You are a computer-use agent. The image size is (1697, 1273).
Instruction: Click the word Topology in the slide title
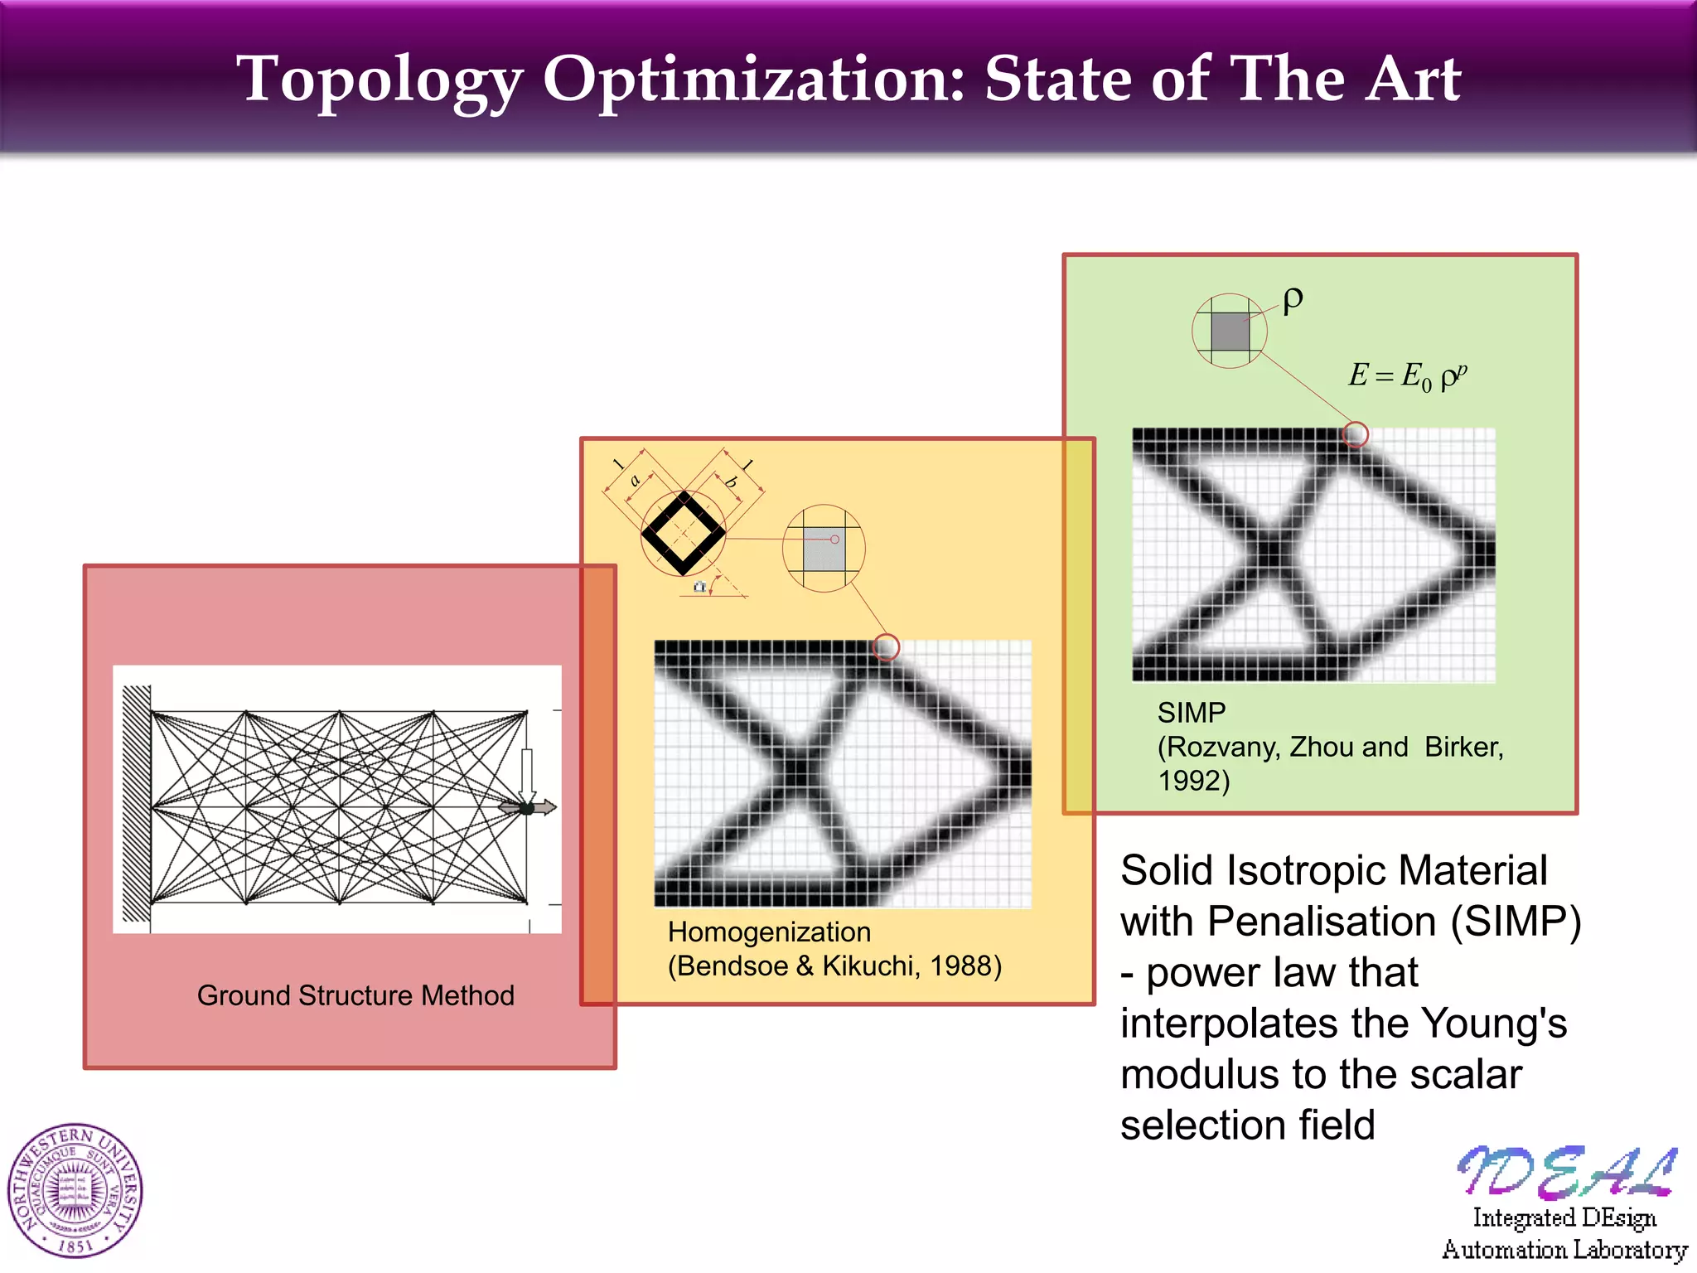pos(380,81)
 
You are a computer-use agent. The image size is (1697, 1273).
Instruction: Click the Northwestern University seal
pos(75,1191)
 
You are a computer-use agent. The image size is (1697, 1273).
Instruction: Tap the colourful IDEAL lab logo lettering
pos(1566,1172)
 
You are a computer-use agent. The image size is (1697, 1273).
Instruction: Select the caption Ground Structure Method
pos(355,995)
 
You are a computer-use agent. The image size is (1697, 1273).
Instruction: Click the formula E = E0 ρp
pos(1407,377)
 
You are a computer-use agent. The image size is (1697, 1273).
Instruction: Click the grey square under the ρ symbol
pos(1230,332)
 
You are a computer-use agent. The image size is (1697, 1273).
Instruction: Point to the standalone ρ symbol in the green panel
pos(1293,300)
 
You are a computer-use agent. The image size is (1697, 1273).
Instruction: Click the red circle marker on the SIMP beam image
pos(1356,434)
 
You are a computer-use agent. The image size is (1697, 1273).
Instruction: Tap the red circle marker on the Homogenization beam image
pos(886,646)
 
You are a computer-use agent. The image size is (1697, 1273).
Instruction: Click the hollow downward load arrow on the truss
pos(527,775)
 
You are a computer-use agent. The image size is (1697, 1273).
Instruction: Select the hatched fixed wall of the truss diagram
pos(137,803)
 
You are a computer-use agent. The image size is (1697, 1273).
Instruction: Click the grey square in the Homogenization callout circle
pos(824,549)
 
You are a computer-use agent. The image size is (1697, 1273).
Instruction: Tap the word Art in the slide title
pos(1414,81)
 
